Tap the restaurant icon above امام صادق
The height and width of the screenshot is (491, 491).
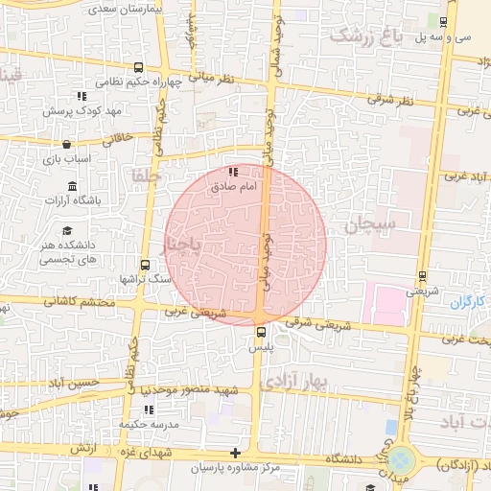(233, 172)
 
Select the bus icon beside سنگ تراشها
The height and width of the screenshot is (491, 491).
(146, 264)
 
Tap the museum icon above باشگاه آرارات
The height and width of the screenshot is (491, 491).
(72, 186)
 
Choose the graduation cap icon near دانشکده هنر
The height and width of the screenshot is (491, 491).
(67, 231)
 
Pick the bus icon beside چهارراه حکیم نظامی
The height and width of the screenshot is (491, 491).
(140, 68)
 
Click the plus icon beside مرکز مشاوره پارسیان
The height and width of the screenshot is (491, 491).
(236, 453)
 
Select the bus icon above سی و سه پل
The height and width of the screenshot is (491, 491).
(443, 22)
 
